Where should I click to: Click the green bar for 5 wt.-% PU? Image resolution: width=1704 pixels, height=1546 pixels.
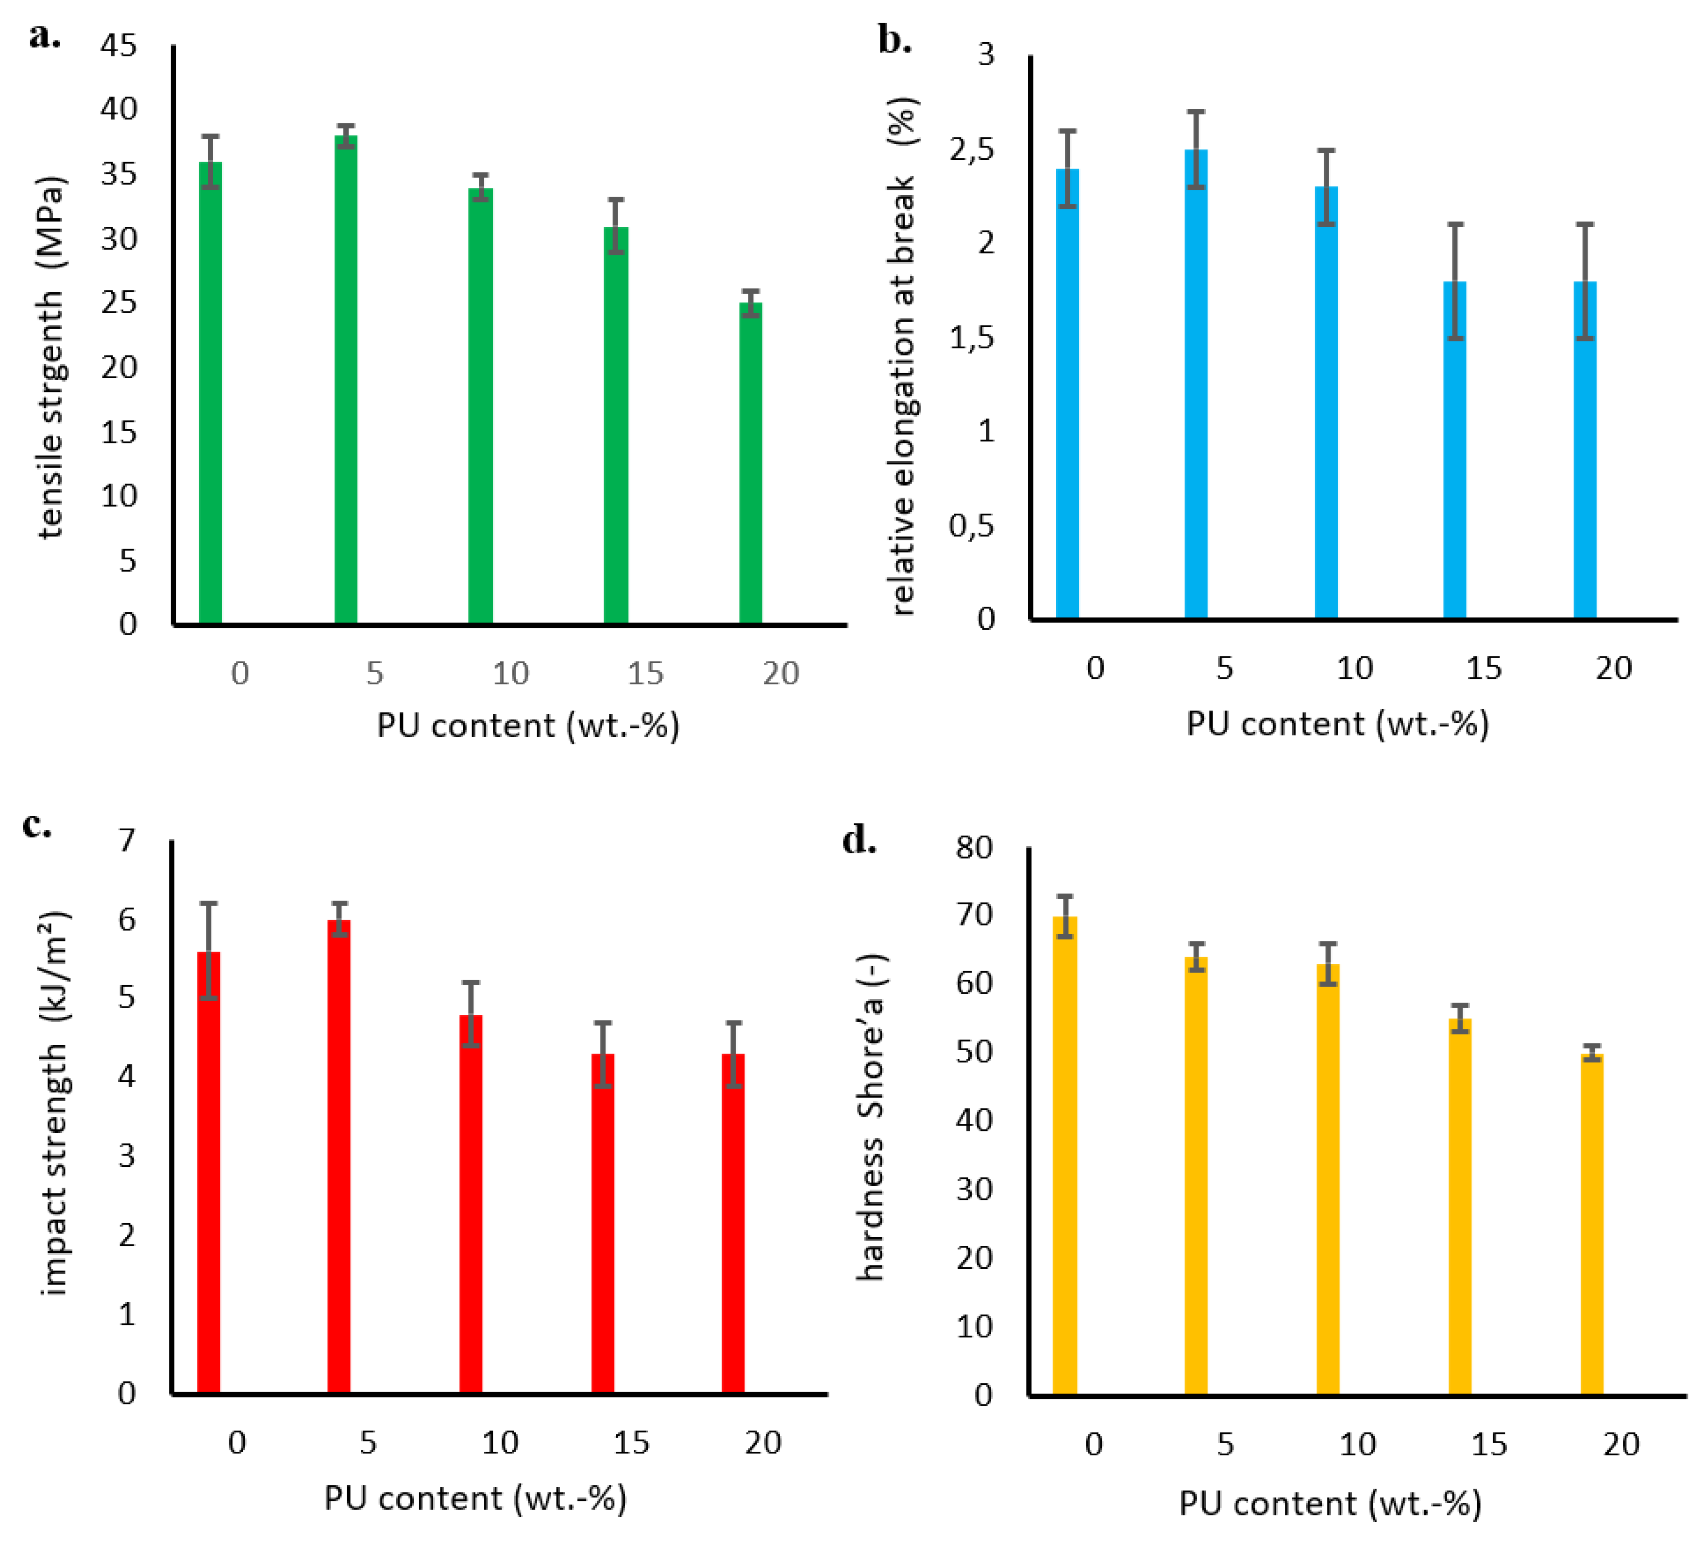[346, 380]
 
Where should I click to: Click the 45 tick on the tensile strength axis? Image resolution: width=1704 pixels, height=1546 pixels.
[118, 45]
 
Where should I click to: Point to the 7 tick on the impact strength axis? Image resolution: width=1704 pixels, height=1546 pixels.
[127, 840]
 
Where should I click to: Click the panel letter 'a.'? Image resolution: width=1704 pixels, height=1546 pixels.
[44, 35]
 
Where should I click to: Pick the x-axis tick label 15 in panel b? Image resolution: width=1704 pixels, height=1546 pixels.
[1484, 669]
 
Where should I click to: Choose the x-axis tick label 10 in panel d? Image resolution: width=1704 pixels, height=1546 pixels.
[1357, 1444]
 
